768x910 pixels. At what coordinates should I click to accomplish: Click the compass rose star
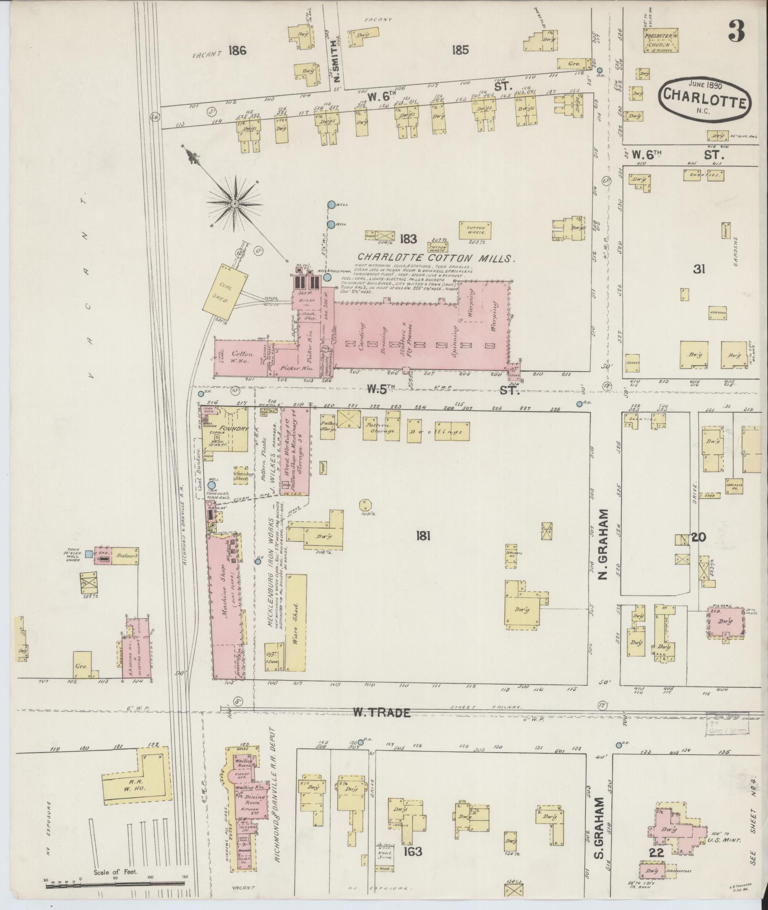coord(234,204)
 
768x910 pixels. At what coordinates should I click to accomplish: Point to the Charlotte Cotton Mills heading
coord(438,259)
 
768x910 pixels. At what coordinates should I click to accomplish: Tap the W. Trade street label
coord(381,725)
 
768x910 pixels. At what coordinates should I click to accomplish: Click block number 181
coord(423,537)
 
